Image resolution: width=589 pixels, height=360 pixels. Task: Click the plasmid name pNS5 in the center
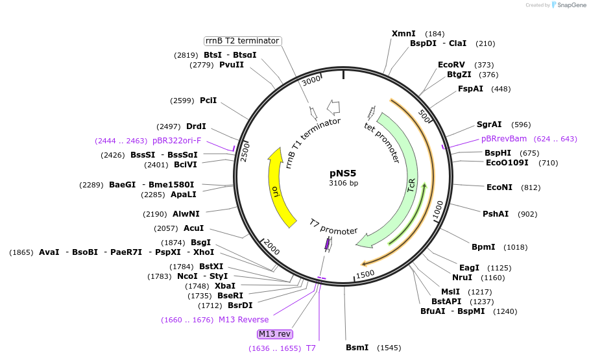point(343,173)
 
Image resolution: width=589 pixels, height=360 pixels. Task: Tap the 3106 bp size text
point(343,183)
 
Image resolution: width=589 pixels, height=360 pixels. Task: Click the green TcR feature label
point(411,187)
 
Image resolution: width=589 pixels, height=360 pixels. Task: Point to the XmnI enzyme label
point(404,34)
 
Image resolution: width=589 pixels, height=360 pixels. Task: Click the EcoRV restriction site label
point(451,65)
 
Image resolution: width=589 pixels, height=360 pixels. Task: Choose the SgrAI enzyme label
point(489,125)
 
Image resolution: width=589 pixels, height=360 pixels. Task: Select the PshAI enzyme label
point(496,214)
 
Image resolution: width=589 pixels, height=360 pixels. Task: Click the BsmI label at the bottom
point(357,348)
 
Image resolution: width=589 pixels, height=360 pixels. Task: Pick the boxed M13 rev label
point(275,334)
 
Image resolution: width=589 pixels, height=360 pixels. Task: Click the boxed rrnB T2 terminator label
point(243,41)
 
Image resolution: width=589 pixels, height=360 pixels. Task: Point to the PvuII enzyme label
point(232,65)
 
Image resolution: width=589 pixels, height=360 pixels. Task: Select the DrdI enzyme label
point(196,126)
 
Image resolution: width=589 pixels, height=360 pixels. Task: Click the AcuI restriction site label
point(194,228)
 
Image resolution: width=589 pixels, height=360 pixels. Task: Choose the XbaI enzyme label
point(225,286)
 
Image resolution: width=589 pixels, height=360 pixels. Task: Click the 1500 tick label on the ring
point(366,274)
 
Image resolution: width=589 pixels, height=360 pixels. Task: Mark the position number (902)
point(527,214)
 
